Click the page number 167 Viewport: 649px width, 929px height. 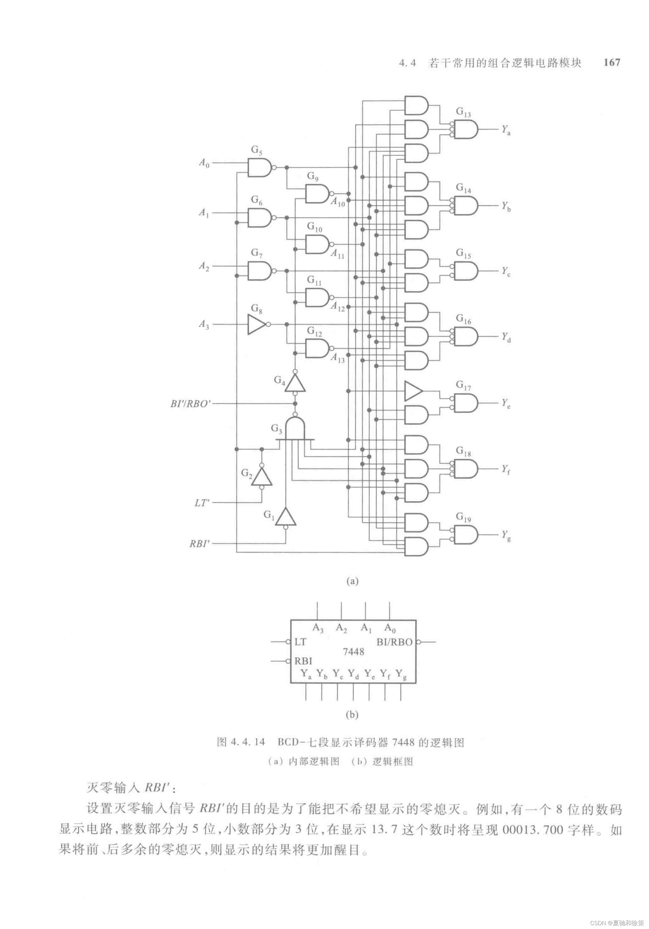(611, 62)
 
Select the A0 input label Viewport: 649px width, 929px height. (204, 163)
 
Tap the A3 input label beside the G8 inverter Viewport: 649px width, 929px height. (204, 324)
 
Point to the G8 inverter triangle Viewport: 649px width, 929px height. (256, 324)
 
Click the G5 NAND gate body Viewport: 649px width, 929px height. (259, 167)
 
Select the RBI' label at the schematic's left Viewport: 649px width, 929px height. (200, 543)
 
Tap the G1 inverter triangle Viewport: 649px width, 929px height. (286, 517)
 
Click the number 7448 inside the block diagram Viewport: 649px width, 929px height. (353, 652)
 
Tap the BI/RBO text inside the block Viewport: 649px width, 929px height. (394, 642)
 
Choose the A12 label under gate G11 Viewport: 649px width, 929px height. (338, 307)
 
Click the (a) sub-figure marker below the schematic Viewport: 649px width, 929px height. (352, 581)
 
